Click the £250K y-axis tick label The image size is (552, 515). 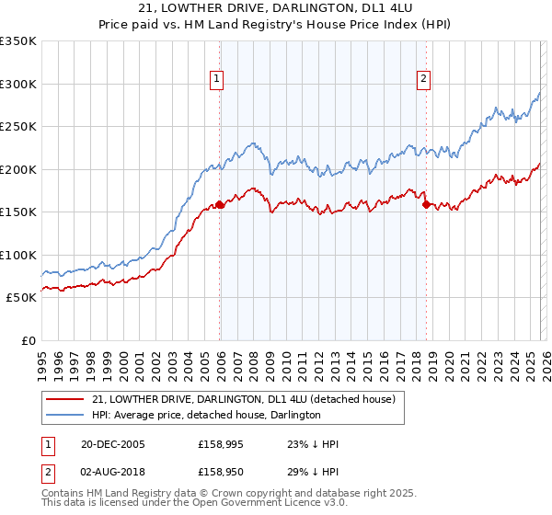pos(18,127)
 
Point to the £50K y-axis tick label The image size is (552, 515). pos(21,298)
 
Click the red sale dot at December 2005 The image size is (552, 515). pos(220,205)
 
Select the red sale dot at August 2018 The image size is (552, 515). pos(426,205)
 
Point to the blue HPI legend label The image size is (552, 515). pos(206,415)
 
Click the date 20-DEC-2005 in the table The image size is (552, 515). pos(112,444)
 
